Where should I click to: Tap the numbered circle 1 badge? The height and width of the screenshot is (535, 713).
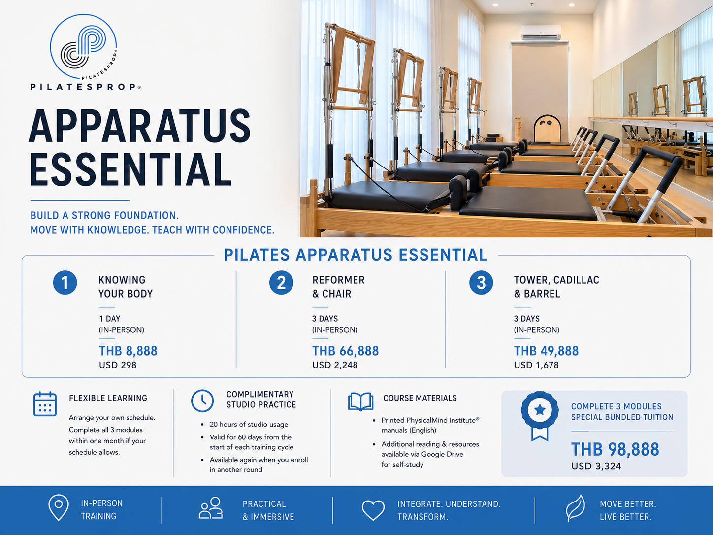pyautogui.click(x=65, y=283)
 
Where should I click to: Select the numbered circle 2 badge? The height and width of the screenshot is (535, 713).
pyautogui.click(x=281, y=283)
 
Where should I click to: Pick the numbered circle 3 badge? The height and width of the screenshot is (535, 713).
pyautogui.click(x=481, y=283)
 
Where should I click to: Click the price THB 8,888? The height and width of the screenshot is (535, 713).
pyautogui.click(x=128, y=351)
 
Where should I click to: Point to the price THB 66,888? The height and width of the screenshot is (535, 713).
pyautogui.click(x=345, y=351)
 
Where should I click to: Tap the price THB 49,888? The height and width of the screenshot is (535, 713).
pyautogui.click(x=546, y=351)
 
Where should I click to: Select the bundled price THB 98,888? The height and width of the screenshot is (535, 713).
pyautogui.click(x=615, y=450)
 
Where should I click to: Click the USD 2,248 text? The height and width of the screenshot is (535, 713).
pyautogui.click(x=335, y=365)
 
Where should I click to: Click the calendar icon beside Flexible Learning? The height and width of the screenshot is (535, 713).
pyautogui.click(x=45, y=404)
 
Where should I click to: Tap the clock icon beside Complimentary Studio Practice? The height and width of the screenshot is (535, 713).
pyautogui.click(x=202, y=401)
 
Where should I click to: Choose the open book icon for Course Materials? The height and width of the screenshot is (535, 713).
pyautogui.click(x=360, y=402)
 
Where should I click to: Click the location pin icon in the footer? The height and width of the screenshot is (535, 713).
pyautogui.click(x=59, y=508)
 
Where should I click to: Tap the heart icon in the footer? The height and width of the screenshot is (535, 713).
pyautogui.click(x=373, y=510)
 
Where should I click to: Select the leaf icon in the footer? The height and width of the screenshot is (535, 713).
pyautogui.click(x=575, y=508)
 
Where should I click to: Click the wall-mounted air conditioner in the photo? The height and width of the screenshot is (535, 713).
pyautogui.click(x=541, y=33)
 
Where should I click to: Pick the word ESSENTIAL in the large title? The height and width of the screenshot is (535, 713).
pyautogui.click(x=130, y=170)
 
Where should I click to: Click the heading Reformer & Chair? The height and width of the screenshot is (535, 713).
pyautogui.click(x=338, y=287)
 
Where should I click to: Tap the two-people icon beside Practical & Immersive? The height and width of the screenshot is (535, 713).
pyautogui.click(x=211, y=507)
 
